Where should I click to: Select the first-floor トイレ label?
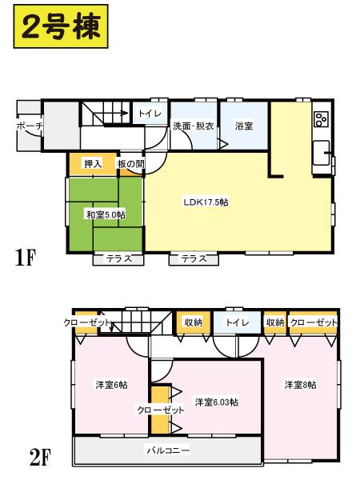coord(150,114)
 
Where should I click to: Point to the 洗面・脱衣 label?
coord(192,126)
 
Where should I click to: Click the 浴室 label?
coord(243,126)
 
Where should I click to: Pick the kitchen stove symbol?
coord(322,119)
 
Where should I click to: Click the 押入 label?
coord(93,164)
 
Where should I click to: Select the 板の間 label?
coord(130,164)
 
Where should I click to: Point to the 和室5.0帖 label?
coord(105,214)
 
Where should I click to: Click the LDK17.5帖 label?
coord(206,202)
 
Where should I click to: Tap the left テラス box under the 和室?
coord(118,258)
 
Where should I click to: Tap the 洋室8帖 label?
coord(300,385)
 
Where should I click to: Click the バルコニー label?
coord(167,450)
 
